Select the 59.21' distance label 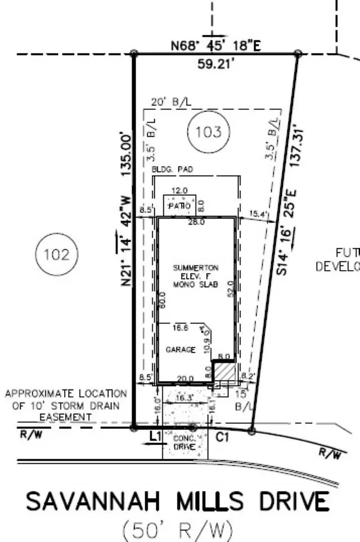[216, 63]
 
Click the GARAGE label [181, 350]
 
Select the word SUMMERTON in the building [195, 268]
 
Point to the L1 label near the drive [155, 436]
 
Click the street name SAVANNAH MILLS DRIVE [177, 501]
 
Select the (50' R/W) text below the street [177, 530]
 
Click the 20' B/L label [171, 102]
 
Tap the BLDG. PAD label [172, 169]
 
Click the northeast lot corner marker [298, 53]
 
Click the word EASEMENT [65, 416]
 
